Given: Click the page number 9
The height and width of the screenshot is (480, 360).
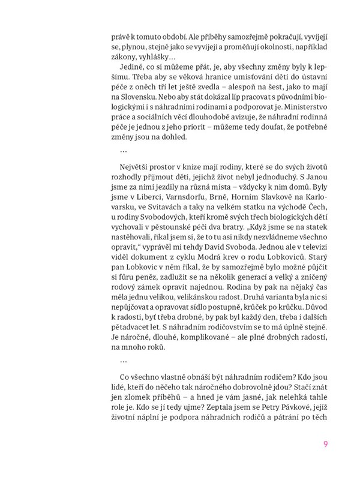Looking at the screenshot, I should [325, 445].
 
